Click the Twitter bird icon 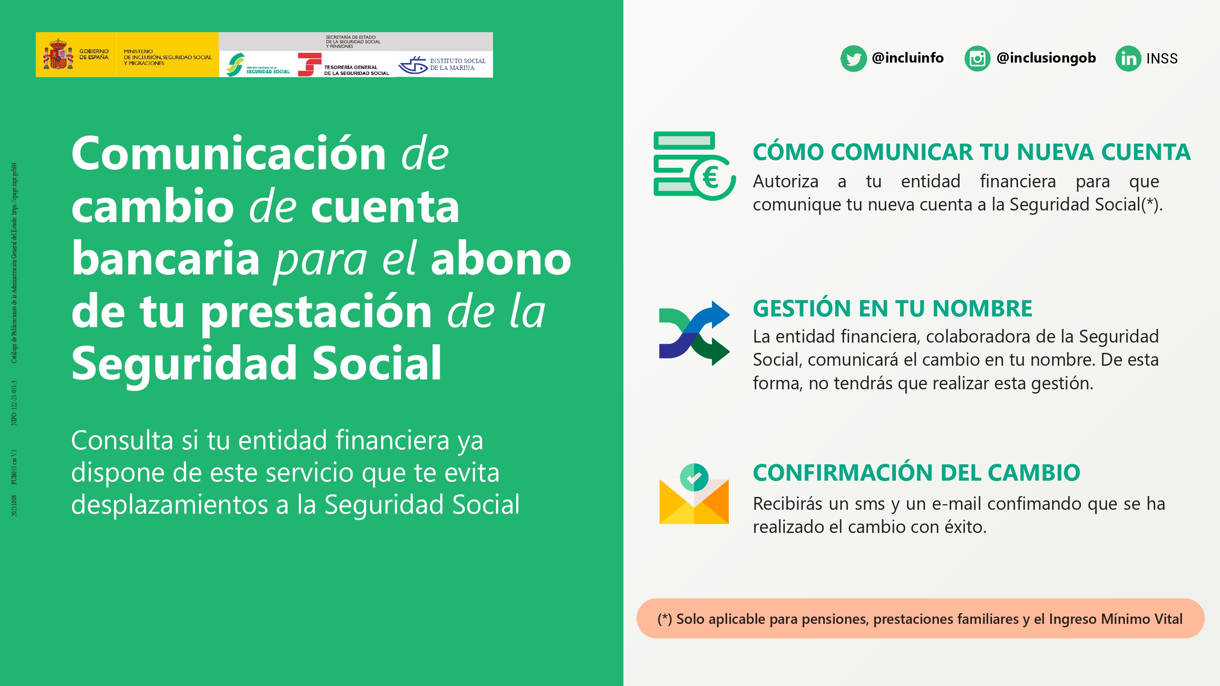853,59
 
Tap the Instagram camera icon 977,59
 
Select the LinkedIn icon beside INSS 1128,59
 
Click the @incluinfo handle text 907,58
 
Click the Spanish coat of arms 58,55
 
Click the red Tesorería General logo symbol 308,64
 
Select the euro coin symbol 710,178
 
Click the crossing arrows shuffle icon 694,334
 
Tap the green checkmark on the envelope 694,477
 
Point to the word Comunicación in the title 229,153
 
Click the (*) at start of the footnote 664,619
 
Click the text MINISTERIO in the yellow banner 138,51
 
